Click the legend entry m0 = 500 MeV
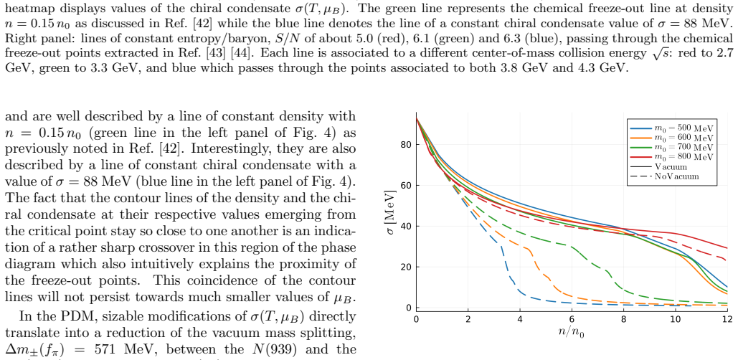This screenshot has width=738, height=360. (672, 128)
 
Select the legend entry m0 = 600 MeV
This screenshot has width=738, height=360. (672, 138)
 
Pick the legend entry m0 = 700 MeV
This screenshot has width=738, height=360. (672, 147)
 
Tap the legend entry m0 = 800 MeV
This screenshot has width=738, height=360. (672, 157)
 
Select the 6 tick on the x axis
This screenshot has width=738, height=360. (572, 319)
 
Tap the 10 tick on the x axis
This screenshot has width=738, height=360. (676, 319)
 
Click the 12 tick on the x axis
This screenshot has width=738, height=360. (727, 319)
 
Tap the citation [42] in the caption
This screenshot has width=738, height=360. (204, 24)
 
